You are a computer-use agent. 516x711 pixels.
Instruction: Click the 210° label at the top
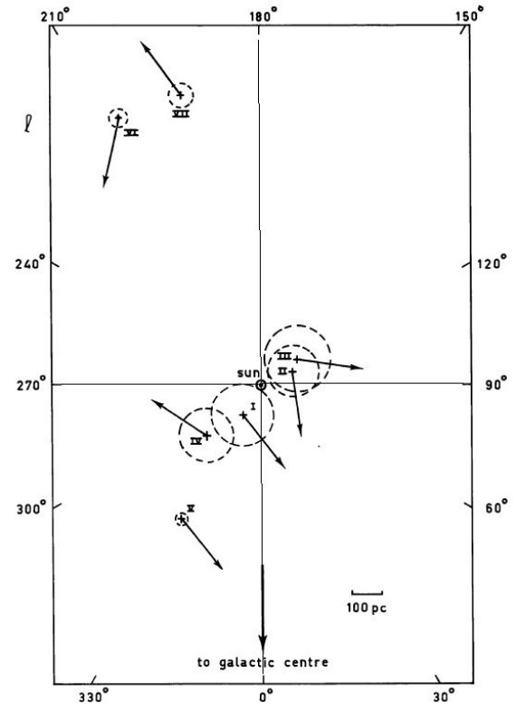(56, 16)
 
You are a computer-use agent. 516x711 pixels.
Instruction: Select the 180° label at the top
(263, 16)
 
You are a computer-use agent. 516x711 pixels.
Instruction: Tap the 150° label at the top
(469, 15)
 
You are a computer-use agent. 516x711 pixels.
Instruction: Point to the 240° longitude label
(31, 263)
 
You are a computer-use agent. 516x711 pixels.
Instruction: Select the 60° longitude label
(493, 507)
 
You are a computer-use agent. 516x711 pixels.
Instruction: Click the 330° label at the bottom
(95, 696)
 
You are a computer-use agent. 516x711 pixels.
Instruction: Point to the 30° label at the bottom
(444, 696)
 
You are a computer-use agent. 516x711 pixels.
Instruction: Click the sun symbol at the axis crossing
(261, 385)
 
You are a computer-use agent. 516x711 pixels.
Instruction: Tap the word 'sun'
(248, 373)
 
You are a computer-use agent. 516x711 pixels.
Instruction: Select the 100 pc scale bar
(367, 592)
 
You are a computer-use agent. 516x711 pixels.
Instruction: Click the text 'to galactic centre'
(263, 662)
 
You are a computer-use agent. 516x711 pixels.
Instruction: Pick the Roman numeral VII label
(181, 114)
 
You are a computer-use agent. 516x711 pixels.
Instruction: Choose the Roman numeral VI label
(131, 133)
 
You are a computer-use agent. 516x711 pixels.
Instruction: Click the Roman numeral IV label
(196, 440)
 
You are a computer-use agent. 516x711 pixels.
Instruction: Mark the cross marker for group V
(182, 519)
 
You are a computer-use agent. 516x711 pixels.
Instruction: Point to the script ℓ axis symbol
(29, 124)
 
